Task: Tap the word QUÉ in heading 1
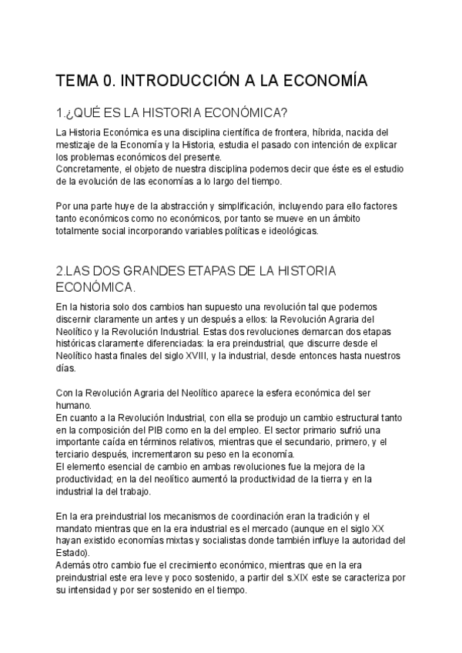[90, 112]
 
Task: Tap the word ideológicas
[300, 229]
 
